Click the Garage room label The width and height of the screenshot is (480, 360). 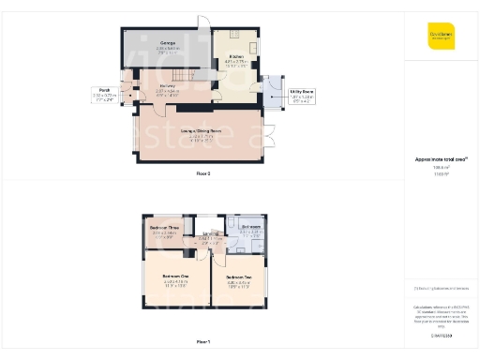[169, 44]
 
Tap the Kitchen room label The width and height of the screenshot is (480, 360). [235, 56]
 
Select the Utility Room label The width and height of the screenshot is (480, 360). [302, 91]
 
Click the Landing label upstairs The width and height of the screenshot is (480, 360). [213, 234]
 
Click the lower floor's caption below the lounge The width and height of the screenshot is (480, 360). [203, 174]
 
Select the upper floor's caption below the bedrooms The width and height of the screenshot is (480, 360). [203, 342]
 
